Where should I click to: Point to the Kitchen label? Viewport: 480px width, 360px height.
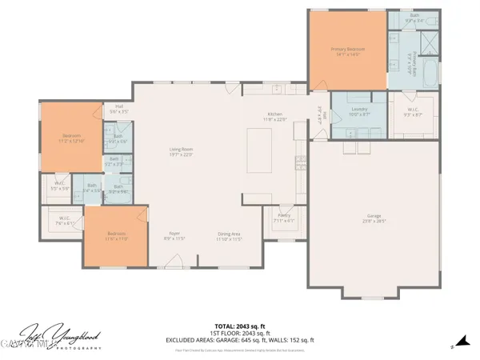coord(275,115)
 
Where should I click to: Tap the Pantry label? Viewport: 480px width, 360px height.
coord(285,217)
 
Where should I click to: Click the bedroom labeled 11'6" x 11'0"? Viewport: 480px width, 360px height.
coord(118,235)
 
